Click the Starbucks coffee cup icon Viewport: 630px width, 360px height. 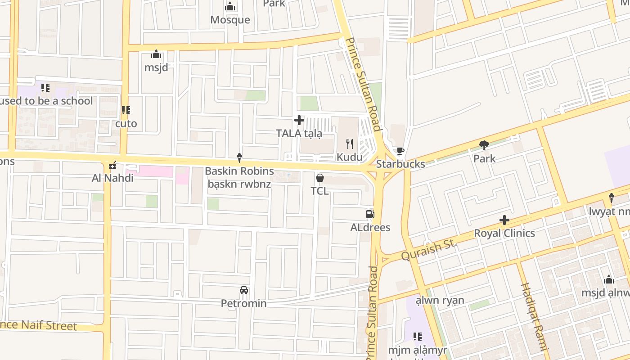[x=400, y=151]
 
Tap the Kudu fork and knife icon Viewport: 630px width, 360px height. [x=350, y=144]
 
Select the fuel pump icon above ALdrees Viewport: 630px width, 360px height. [x=370, y=214]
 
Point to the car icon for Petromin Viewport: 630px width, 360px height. [x=244, y=290]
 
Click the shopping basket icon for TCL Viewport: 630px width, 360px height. [x=320, y=178]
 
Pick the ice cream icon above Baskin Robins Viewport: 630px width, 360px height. [x=239, y=158]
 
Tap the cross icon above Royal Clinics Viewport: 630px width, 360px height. [x=504, y=220]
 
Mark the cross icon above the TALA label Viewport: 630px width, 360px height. [x=299, y=120]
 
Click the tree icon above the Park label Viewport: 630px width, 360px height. [x=484, y=145]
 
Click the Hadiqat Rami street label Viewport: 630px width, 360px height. [x=534, y=316]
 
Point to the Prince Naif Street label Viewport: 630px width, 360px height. [x=39, y=325]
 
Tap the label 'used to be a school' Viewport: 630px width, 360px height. [x=46, y=101]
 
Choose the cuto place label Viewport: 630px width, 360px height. [x=126, y=123]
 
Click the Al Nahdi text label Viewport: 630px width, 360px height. [x=112, y=178]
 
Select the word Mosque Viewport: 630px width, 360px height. [x=230, y=20]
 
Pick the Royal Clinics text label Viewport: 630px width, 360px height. [x=504, y=233]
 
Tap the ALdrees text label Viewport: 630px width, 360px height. [x=370, y=227]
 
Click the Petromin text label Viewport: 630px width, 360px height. [x=243, y=303]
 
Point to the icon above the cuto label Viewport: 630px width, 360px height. [x=126, y=110]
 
